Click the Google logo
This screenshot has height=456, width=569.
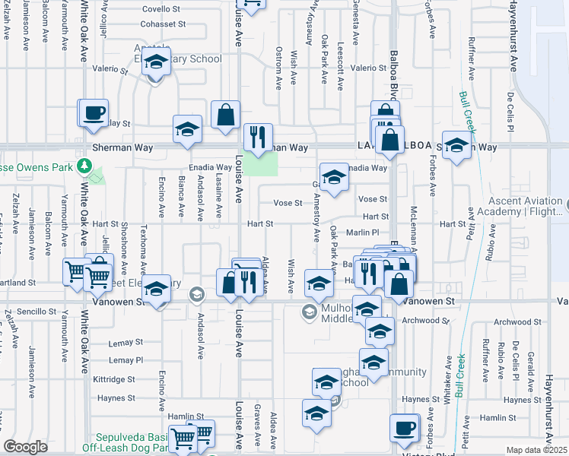26,447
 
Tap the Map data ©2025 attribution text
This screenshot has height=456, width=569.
537,450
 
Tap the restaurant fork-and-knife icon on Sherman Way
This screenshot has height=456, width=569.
258,138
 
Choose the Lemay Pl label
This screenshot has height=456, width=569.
126,359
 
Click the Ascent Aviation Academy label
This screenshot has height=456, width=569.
525,207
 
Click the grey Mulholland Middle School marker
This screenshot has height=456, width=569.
310,311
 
